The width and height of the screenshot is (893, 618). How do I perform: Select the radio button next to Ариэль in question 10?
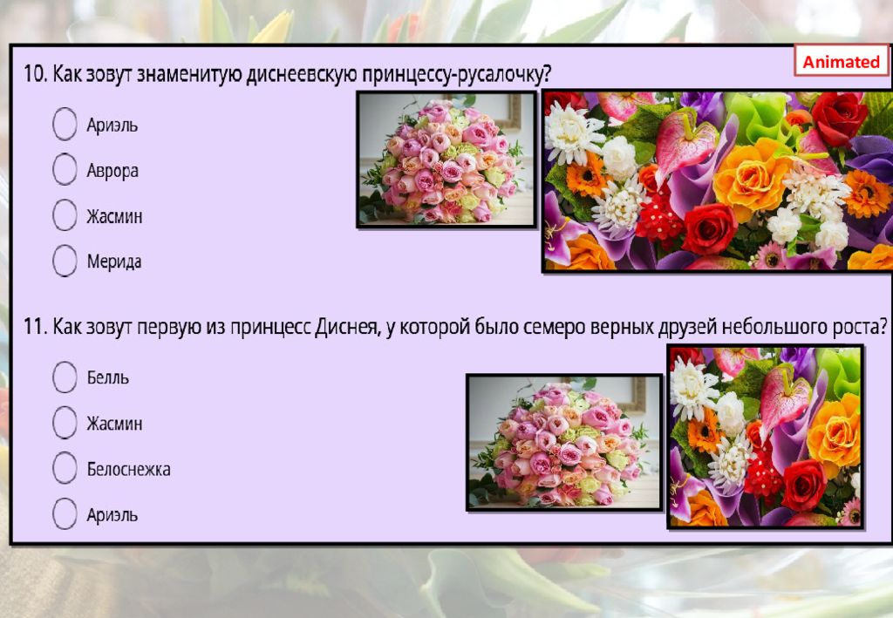(65, 124)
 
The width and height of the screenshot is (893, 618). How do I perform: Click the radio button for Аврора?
(65, 169)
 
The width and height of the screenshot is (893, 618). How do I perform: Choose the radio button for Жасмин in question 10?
(65, 214)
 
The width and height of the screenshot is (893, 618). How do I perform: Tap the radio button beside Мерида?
(65, 260)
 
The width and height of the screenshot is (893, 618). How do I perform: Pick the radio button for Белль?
(65, 377)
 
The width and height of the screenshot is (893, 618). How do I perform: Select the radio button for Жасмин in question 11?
(65, 423)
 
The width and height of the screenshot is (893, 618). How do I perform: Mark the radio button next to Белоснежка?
(65, 468)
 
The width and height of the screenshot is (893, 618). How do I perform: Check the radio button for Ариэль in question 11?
(65, 513)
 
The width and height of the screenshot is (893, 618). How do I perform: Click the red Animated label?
(841, 62)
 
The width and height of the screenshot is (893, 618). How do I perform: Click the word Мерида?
(114, 261)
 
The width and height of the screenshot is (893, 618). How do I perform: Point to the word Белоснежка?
(128, 469)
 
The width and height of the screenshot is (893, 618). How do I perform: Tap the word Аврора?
(112, 170)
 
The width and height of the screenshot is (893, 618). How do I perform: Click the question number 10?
(35, 74)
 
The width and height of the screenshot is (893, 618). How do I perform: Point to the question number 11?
(35, 327)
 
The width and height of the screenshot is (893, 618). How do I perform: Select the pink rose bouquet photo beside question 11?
(564, 442)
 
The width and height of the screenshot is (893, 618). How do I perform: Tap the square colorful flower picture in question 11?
(766, 437)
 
